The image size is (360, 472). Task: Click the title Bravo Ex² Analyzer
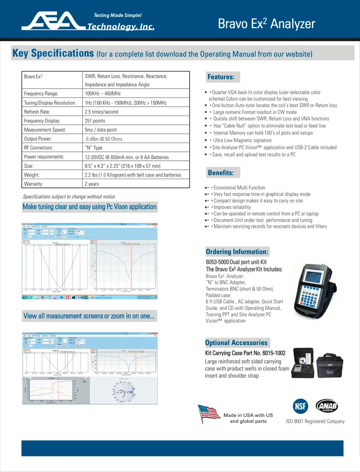(266, 23)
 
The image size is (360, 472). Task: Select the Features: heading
(221, 77)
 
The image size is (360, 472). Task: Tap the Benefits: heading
(220, 173)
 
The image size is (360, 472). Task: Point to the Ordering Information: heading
(237, 252)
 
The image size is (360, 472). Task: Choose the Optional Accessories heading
(236, 343)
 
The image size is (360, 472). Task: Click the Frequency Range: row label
(41, 93)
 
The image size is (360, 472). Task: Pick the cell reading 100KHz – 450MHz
(103, 93)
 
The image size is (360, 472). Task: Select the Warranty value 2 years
(92, 184)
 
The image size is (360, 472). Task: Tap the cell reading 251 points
(95, 120)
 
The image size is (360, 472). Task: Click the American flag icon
(209, 414)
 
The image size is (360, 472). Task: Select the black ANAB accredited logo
(327, 406)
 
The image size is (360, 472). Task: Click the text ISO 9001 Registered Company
(315, 421)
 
